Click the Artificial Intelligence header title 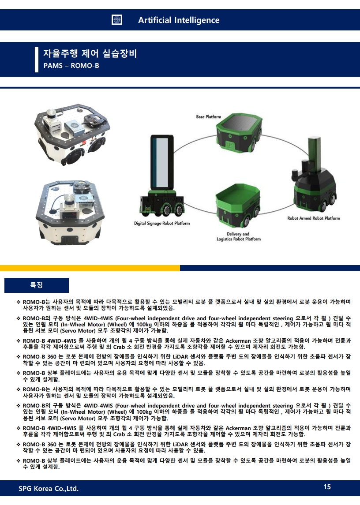[x=179, y=20]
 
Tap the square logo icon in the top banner [x=116, y=20]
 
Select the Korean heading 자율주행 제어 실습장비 [x=90, y=53]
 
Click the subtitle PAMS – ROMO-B [x=71, y=66]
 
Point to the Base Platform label [x=209, y=116]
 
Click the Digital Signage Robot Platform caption [x=162, y=223]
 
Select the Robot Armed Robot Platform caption [x=314, y=218]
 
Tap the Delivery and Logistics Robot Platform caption [x=239, y=236]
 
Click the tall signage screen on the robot [x=162, y=163]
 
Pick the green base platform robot [x=239, y=133]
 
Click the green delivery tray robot [x=238, y=205]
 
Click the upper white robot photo [x=72, y=135]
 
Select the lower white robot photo [x=70, y=212]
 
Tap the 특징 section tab [x=37, y=285]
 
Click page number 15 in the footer [x=327, y=486]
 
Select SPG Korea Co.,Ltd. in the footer [x=49, y=489]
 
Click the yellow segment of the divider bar [x=90, y=268]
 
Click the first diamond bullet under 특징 [x=19, y=302]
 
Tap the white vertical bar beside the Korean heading [x=37, y=60]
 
